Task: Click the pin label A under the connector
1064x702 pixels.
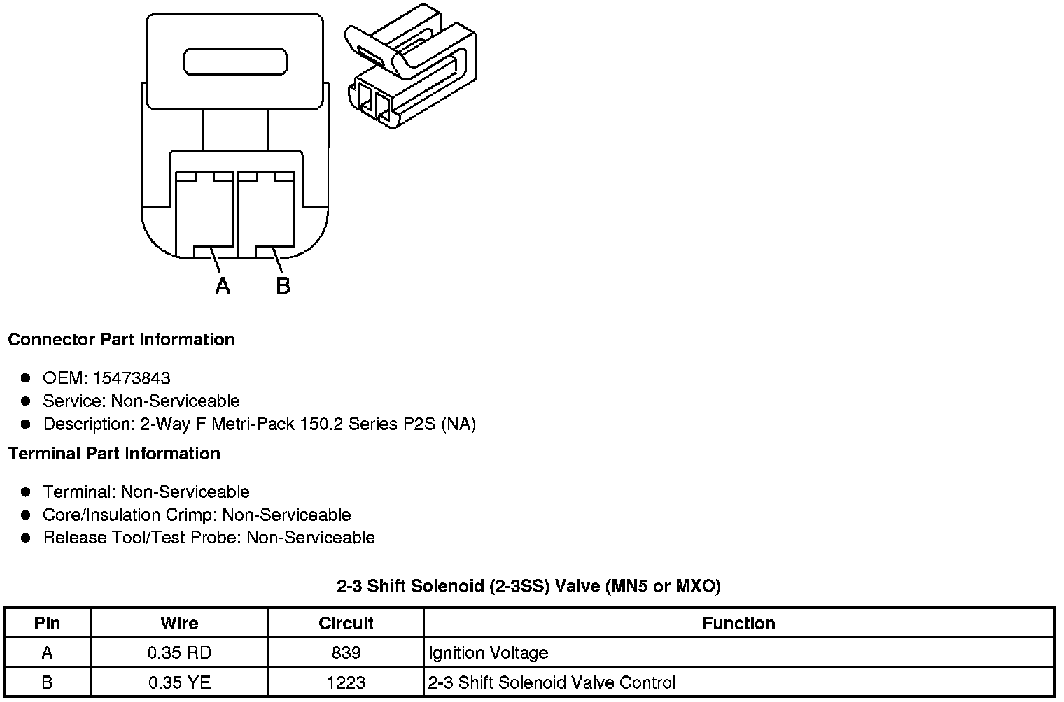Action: coord(223,286)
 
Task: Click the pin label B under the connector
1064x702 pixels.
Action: coord(283,286)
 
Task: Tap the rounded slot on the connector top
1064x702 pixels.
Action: coord(235,62)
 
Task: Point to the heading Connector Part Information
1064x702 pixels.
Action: coord(121,340)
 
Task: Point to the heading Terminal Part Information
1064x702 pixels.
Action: coord(114,454)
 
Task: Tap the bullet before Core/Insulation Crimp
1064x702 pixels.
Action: coord(26,515)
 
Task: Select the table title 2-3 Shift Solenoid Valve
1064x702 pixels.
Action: coord(528,586)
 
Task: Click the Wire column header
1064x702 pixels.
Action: coord(179,623)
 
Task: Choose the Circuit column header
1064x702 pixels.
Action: coord(346,623)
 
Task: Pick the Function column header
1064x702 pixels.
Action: coord(738,623)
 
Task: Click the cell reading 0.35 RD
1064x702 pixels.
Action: coord(179,653)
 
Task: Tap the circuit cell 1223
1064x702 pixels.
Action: coord(346,682)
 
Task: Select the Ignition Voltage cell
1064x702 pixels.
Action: coord(489,653)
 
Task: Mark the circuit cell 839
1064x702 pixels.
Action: coord(346,653)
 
